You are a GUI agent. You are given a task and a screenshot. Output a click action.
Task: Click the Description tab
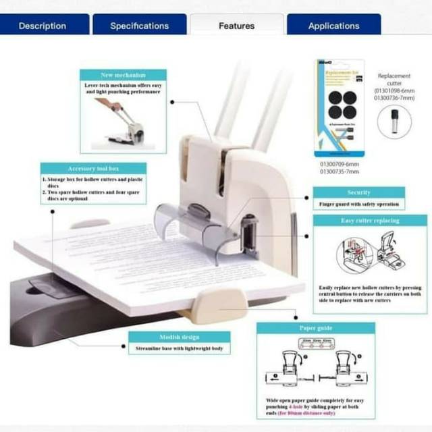[43, 26]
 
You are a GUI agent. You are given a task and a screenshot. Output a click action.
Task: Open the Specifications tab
[139, 26]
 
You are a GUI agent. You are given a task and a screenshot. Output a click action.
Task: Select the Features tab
[236, 26]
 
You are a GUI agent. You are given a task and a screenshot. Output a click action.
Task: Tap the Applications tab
[333, 26]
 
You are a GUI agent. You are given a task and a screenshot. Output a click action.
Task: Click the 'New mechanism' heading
[122, 75]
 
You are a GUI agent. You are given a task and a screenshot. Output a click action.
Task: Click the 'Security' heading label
[358, 192]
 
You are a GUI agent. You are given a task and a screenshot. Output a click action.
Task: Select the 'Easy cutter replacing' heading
[370, 221]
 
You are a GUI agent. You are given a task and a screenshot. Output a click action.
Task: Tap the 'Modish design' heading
[179, 337]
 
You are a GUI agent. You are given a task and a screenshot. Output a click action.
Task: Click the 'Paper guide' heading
[315, 328]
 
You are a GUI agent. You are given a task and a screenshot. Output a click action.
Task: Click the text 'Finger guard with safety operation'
[358, 204]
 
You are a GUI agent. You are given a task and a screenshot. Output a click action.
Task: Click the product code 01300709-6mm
[339, 163]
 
